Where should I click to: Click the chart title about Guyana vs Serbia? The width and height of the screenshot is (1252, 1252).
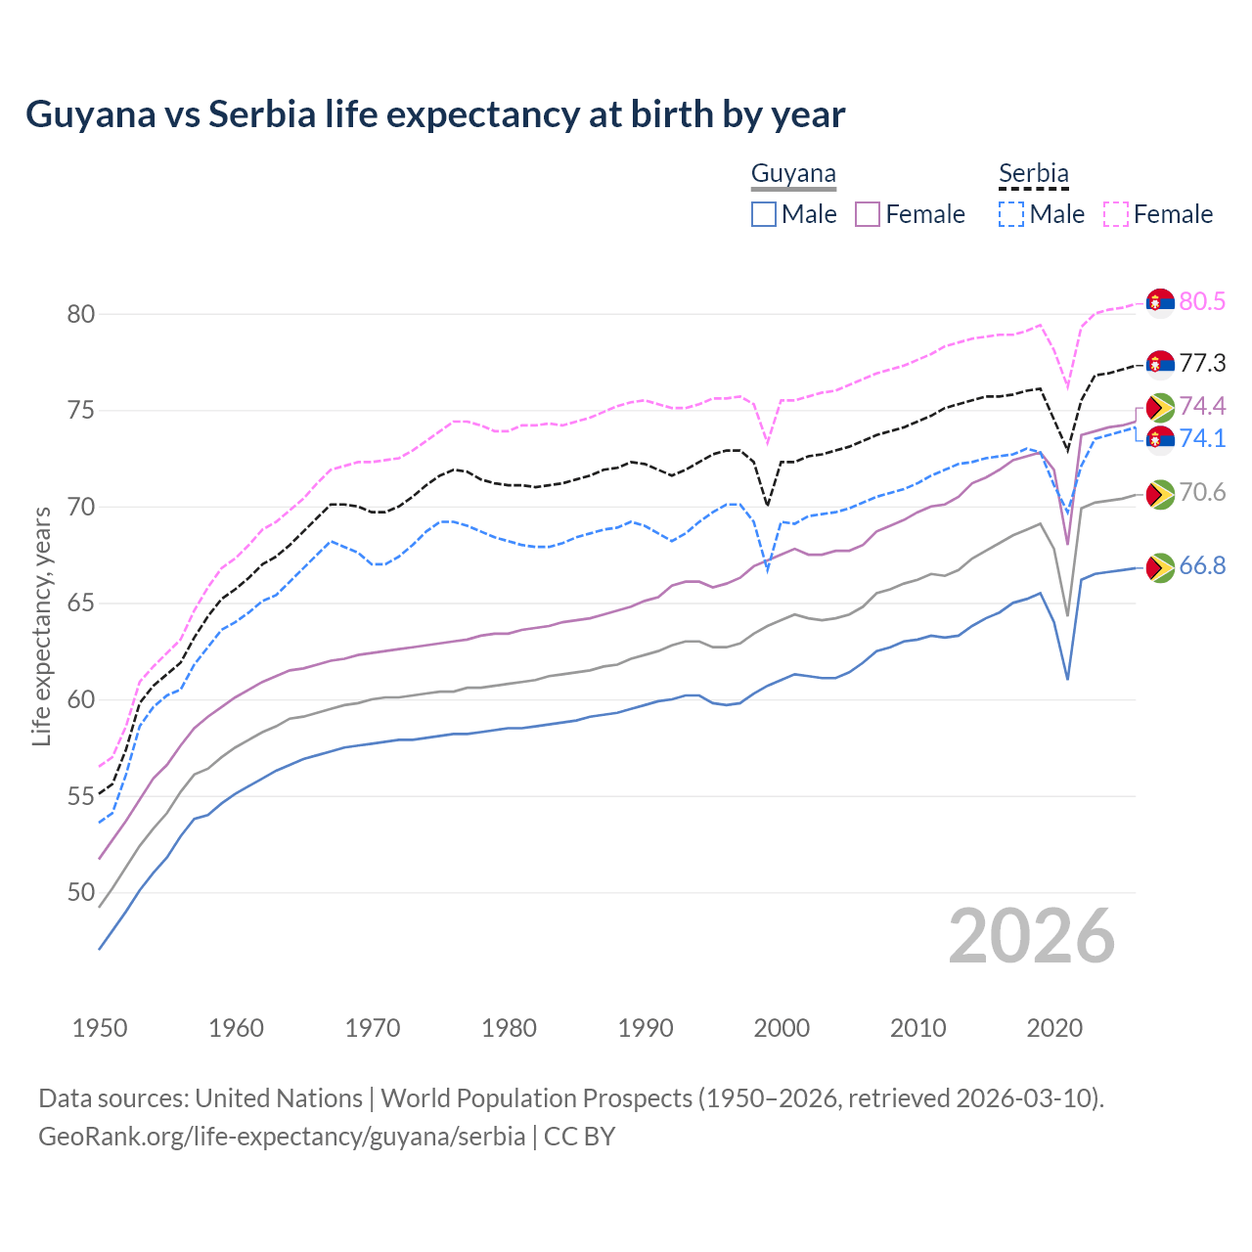(435, 114)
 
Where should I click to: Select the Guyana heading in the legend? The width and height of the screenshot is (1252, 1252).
(793, 174)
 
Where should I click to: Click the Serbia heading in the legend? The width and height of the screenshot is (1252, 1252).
(1033, 174)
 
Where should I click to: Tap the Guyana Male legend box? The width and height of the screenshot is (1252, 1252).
(764, 214)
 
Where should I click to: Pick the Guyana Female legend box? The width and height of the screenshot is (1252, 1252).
(868, 214)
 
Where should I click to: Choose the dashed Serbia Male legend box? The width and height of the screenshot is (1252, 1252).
(1011, 214)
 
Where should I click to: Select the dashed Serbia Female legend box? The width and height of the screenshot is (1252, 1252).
(1116, 214)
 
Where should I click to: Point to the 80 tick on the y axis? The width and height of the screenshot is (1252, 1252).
(81, 314)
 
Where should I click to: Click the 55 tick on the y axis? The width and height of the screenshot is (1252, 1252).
(81, 796)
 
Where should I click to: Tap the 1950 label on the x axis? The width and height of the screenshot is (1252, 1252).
(100, 1028)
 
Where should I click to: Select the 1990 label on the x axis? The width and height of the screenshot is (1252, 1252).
(646, 1028)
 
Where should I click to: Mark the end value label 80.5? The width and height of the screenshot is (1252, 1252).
(1202, 301)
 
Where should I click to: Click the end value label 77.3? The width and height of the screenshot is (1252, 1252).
(1202, 364)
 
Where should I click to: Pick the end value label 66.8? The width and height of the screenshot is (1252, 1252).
(1202, 566)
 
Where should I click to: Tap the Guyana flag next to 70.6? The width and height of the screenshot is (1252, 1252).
(1160, 494)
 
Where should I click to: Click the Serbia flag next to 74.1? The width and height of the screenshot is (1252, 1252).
(1160, 439)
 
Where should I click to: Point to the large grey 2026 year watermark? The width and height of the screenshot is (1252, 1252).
(1031, 936)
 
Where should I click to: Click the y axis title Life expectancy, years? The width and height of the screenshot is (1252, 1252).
(42, 626)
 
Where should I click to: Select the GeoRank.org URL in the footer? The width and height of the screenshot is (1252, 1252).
(282, 1137)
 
